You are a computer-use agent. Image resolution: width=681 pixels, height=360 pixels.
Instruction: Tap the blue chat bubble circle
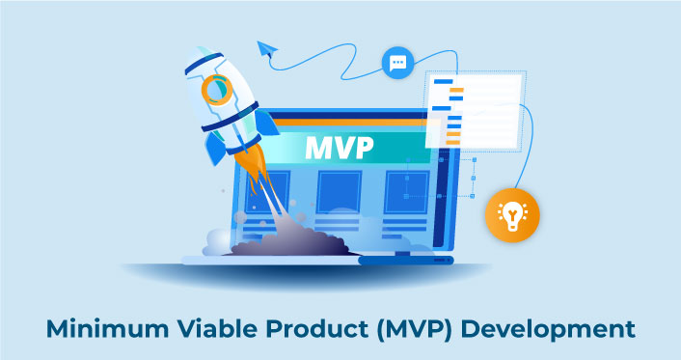click(x=396, y=64)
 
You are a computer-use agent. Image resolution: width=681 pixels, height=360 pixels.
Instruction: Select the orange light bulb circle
click(x=512, y=213)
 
